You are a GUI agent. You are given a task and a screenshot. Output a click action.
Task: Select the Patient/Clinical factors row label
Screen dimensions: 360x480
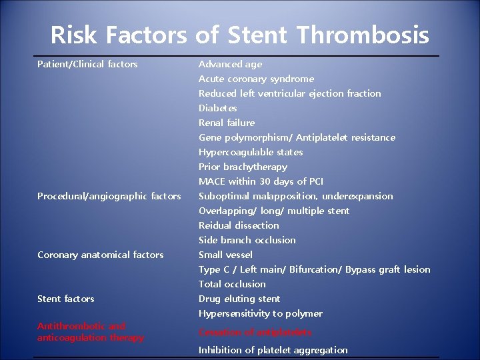tap(87, 64)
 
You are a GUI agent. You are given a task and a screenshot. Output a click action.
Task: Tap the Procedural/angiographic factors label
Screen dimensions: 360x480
tap(109, 196)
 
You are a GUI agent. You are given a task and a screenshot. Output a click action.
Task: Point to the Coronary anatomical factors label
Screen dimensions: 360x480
tap(100, 255)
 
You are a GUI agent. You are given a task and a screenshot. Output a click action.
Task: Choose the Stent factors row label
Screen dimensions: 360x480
tap(66, 299)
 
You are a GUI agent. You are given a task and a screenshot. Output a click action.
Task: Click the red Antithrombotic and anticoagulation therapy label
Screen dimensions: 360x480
tap(90, 332)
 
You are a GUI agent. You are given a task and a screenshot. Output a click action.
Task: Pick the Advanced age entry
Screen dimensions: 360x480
tap(230, 64)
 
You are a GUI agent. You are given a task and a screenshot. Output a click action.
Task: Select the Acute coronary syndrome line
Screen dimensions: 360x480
tap(256, 79)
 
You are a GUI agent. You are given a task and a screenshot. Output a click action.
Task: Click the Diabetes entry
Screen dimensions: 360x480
tap(217, 108)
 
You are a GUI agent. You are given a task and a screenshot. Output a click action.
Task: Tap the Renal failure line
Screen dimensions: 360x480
tap(227, 123)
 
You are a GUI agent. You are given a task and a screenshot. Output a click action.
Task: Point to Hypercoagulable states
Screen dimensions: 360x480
tap(251, 152)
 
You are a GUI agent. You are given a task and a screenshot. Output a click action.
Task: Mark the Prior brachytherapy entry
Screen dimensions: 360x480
tap(243, 167)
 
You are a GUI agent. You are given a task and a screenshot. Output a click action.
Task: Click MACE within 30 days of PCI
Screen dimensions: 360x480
tap(261, 181)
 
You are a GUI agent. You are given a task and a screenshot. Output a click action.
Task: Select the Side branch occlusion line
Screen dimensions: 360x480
tap(247, 240)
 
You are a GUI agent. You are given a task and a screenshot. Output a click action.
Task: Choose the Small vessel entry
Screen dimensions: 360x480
tap(225, 255)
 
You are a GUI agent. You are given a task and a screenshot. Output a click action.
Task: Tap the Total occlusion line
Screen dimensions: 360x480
tap(232, 284)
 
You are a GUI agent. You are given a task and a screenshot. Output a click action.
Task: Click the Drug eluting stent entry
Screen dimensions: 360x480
tap(239, 299)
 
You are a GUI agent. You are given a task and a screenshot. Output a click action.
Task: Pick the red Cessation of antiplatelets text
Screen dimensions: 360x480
tap(255, 332)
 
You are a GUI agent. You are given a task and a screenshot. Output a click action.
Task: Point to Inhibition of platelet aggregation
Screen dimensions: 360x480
tap(273, 350)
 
